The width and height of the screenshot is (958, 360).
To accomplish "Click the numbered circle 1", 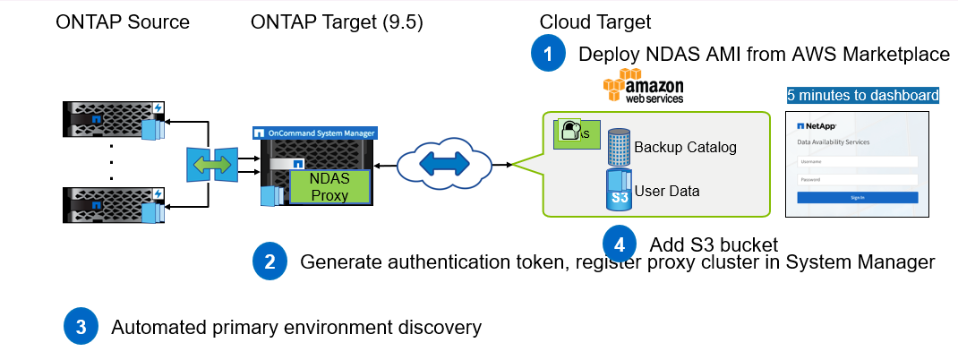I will coord(548,53).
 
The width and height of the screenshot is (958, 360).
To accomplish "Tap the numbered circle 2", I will coord(269,261).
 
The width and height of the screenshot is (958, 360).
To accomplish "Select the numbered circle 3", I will coord(81,327).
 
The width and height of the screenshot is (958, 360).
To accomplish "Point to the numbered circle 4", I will coord(620,243).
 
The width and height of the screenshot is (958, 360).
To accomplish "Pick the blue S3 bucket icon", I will coord(618,191).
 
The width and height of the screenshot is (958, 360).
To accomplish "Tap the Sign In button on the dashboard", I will coord(857,197).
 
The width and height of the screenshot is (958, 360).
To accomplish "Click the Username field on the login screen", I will coord(857,162).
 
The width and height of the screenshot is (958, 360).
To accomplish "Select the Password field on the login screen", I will coord(857,179).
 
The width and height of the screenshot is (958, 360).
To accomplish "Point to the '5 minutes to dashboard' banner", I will coord(863,95).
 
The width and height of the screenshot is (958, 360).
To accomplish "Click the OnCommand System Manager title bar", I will coord(314,133).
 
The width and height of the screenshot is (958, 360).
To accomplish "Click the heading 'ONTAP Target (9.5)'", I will coord(337,21).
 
